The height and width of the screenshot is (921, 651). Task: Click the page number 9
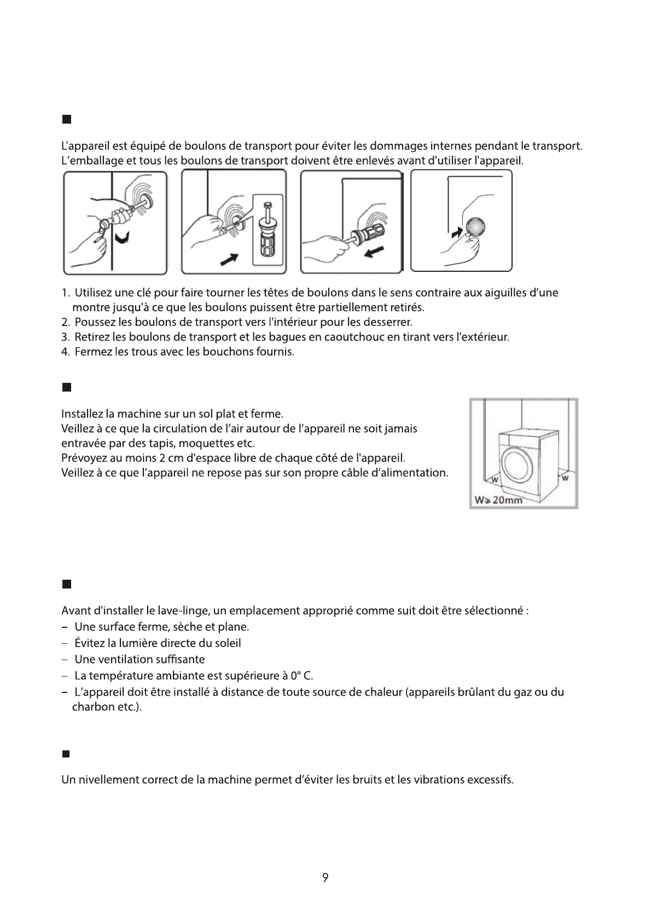pyautogui.click(x=325, y=878)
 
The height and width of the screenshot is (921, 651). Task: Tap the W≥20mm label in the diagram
pyautogui.click(x=498, y=500)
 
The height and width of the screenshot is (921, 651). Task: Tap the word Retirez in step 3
pyautogui.click(x=92, y=337)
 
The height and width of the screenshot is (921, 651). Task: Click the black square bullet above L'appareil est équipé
pyautogui.click(x=67, y=119)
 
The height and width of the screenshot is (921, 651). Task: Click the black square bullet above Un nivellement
pyautogui.click(x=67, y=755)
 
